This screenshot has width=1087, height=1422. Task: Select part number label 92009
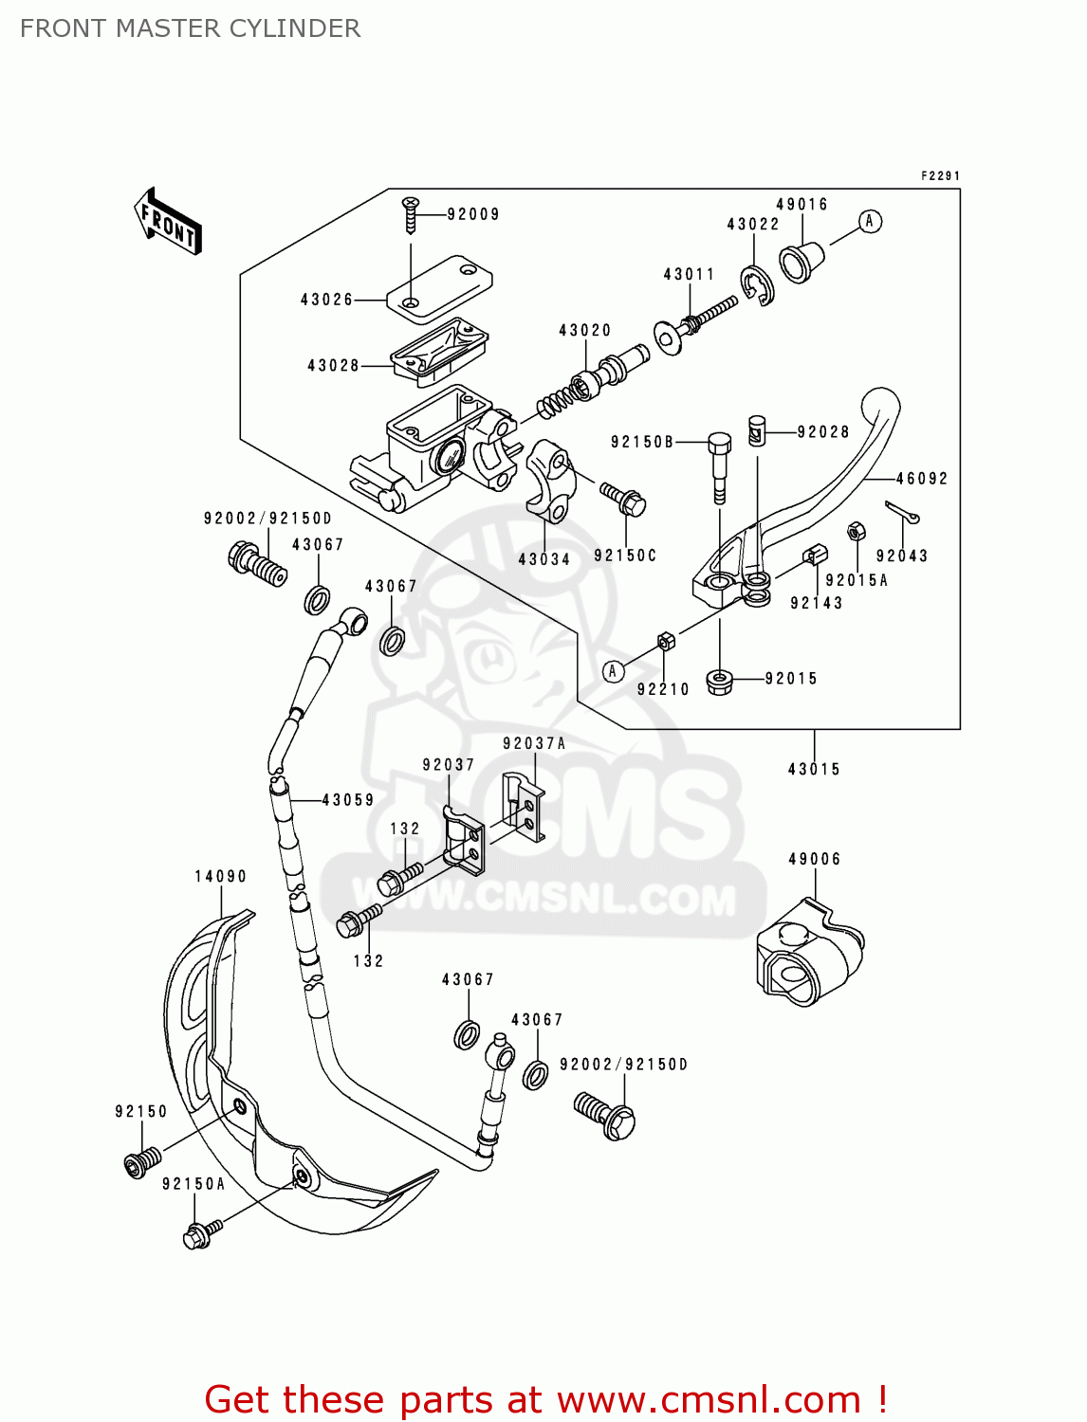point(473,214)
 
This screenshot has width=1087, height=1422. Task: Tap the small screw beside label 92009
point(410,215)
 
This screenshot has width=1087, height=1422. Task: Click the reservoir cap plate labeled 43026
point(439,284)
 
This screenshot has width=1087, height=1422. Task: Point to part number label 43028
point(333,366)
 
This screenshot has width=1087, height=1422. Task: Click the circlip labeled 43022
point(758,284)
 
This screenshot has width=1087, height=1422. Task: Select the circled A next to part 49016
point(870,222)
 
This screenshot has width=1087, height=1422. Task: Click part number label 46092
point(922,479)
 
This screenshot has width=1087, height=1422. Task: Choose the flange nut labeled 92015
point(720,681)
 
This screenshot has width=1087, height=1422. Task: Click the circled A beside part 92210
point(614,671)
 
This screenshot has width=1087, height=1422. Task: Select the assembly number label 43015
point(814,769)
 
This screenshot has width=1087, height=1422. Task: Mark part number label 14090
point(220,877)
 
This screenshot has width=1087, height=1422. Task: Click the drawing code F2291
point(940,176)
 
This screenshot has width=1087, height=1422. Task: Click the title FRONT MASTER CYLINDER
point(190,28)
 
